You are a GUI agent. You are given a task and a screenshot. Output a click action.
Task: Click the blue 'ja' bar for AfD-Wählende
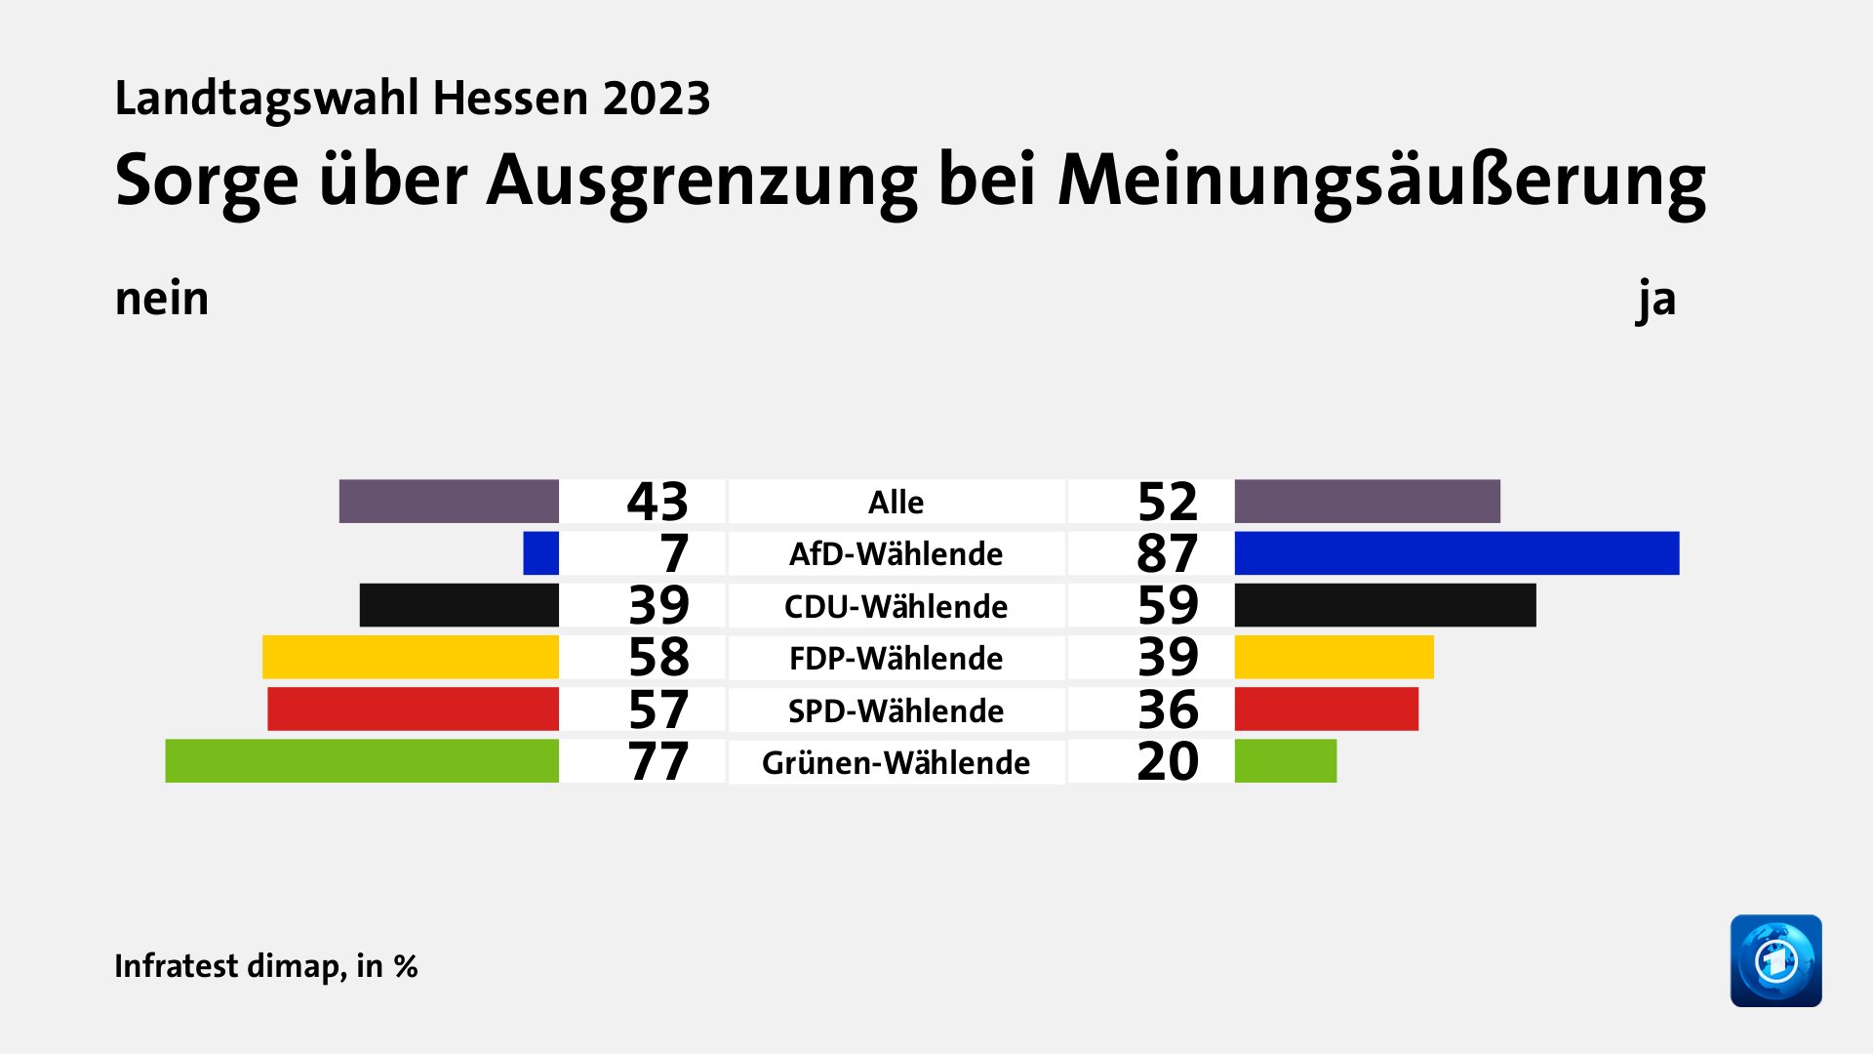point(1456,553)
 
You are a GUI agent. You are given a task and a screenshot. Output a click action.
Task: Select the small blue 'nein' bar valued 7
point(541,553)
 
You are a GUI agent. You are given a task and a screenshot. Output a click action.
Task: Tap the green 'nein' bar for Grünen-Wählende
point(362,761)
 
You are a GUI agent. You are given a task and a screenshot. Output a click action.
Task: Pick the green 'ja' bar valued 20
point(1286,761)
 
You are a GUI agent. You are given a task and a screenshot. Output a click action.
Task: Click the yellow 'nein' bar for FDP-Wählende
point(411,657)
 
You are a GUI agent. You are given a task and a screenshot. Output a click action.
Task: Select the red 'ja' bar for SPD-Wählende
point(1327,709)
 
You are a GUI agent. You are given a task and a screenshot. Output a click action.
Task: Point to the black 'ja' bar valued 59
point(1385,605)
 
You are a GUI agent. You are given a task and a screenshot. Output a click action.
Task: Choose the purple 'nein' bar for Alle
point(449,502)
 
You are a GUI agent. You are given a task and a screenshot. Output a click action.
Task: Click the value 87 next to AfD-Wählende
point(1168,553)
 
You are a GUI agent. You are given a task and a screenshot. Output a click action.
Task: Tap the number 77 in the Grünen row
point(658,761)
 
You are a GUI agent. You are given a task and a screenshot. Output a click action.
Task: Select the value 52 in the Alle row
point(1168,502)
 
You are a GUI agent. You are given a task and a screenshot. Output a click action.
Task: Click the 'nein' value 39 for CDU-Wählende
point(658,605)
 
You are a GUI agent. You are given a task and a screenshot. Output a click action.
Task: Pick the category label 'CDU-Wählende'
point(896,606)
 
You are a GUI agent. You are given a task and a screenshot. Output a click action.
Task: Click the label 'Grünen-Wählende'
point(896,762)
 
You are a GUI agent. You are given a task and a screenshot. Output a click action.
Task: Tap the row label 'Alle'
point(896,503)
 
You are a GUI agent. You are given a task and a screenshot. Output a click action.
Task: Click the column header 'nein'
point(162,299)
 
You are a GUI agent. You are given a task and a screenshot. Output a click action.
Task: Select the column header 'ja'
point(1656,299)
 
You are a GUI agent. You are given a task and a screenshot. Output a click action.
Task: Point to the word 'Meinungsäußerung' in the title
point(1381,181)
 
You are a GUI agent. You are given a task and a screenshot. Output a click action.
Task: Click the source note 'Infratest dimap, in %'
point(266,966)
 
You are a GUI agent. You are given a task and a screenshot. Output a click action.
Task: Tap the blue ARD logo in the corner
point(1775,960)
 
